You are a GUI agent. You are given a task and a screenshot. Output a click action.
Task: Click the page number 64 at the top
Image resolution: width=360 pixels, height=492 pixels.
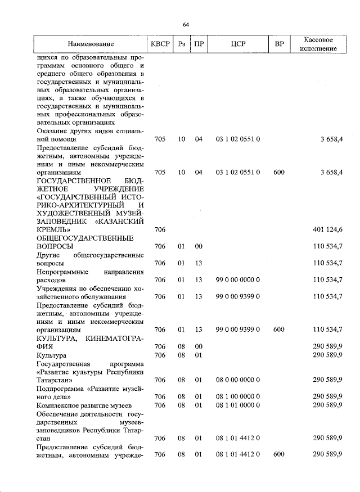coord(186,24)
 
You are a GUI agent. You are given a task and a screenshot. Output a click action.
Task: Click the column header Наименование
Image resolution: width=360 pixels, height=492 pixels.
coord(91,44)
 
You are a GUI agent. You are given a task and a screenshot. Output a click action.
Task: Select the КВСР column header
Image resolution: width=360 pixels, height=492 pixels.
coord(160,44)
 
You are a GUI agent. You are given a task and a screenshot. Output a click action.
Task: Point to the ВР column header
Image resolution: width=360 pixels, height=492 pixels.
coord(279,44)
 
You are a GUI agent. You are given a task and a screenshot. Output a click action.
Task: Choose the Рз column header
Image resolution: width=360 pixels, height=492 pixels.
coord(182,44)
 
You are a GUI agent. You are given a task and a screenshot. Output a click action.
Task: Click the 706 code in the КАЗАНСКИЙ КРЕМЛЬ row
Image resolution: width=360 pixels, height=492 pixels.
coord(160,229)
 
